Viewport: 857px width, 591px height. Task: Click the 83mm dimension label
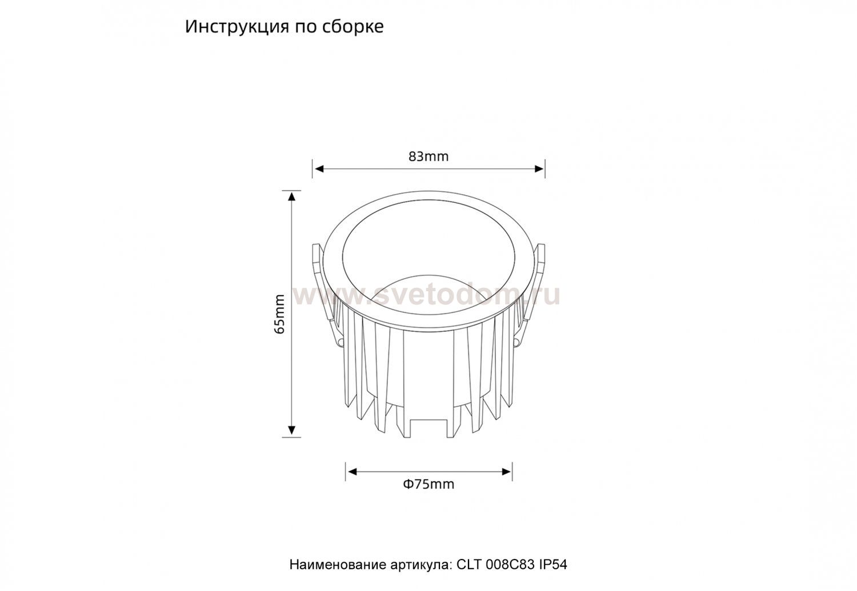click(x=428, y=156)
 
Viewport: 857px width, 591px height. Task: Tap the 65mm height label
click(x=280, y=314)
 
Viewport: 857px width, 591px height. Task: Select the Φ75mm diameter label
click(x=428, y=484)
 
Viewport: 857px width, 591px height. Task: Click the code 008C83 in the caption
click(x=511, y=564)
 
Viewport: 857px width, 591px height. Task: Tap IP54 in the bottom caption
click(x=553, y=564)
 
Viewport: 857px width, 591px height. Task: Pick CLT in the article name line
click(x=470, y=564)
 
